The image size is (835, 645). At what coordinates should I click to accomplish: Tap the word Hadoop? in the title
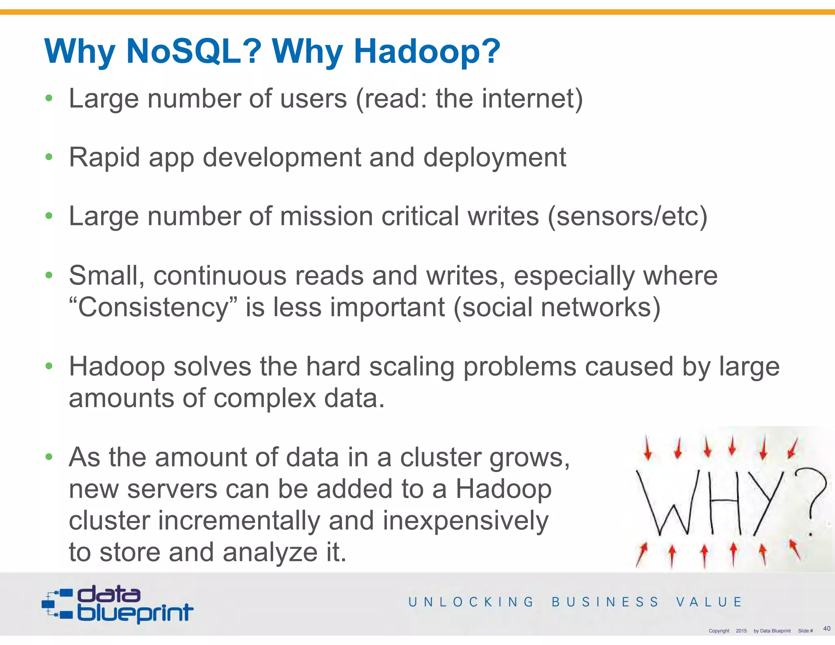(427, 51)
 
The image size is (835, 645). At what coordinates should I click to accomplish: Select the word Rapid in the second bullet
(104, 157)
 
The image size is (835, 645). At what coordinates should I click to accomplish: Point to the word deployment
(495, 157)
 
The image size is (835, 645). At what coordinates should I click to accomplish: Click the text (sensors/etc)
(627, 216)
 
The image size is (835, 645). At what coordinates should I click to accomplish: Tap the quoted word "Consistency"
(153, 307)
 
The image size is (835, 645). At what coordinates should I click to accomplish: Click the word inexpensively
(465, 521)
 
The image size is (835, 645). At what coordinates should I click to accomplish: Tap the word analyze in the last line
(270, 552)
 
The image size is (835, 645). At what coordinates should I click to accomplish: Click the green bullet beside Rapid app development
(49, 157)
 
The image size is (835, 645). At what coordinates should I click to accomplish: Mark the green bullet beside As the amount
(49, 457)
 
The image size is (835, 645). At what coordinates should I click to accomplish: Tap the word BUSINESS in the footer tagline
(605, 602)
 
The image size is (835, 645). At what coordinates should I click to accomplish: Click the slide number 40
(826, 628)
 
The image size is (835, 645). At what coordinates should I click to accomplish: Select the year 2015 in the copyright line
(741, 631)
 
